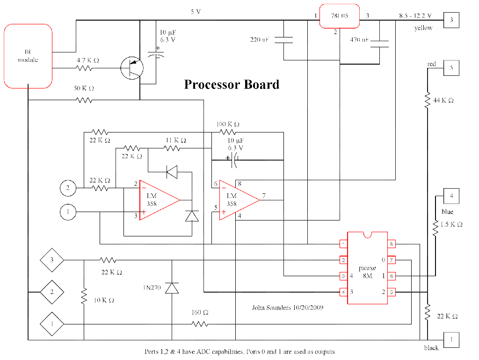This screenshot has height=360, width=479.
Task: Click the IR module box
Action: [x=28, y=56]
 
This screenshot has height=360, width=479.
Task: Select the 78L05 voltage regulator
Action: [x=339, y=16]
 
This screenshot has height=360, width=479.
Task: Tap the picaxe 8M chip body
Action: [x=367, y=268]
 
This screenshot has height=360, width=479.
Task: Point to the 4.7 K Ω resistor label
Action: [x=88, y=60]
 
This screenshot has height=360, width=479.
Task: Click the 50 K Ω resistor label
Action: [x=83, y=88]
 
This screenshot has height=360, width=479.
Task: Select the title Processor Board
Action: [x=232, y=84]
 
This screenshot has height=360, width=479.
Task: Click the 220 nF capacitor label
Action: [x=260, y=40]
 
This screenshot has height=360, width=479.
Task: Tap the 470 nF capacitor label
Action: [x=359, y=40]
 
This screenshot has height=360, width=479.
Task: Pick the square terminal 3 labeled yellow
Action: [x=451, y=20]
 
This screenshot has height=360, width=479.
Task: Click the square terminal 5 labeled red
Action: [x=451, y=68]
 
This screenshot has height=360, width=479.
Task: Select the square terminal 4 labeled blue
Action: [x=451, y=196]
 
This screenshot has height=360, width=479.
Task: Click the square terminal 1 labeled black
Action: [x=451, y=339]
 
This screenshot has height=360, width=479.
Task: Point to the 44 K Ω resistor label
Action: [x=443, y=101]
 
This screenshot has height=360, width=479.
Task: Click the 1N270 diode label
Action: [x=152, y=288]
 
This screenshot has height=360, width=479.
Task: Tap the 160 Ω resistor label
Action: [x=200, y=312]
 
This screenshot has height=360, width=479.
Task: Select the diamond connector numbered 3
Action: [x=52, y=260]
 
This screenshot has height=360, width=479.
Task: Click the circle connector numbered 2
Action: [x=68, y=188]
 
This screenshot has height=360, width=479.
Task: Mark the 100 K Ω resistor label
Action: [x=228, y=125]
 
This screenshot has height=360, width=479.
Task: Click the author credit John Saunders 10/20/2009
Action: [x=288, y=308]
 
